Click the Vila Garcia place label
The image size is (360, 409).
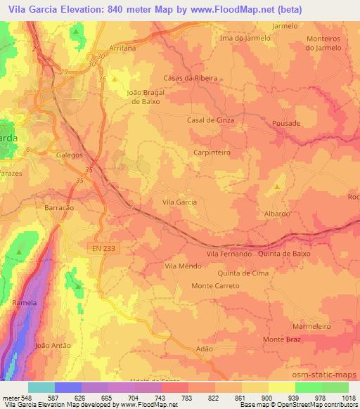coord(179,202)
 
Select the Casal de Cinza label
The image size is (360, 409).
coord(210,120)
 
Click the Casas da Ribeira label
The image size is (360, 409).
coord(191,78)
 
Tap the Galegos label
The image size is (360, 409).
coord(69,155)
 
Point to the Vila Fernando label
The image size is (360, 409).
coord(229,254)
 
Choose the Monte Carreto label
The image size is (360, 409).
coord(216,286)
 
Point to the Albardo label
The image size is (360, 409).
coord(276,213)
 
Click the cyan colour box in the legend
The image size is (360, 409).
coord(42,387)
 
